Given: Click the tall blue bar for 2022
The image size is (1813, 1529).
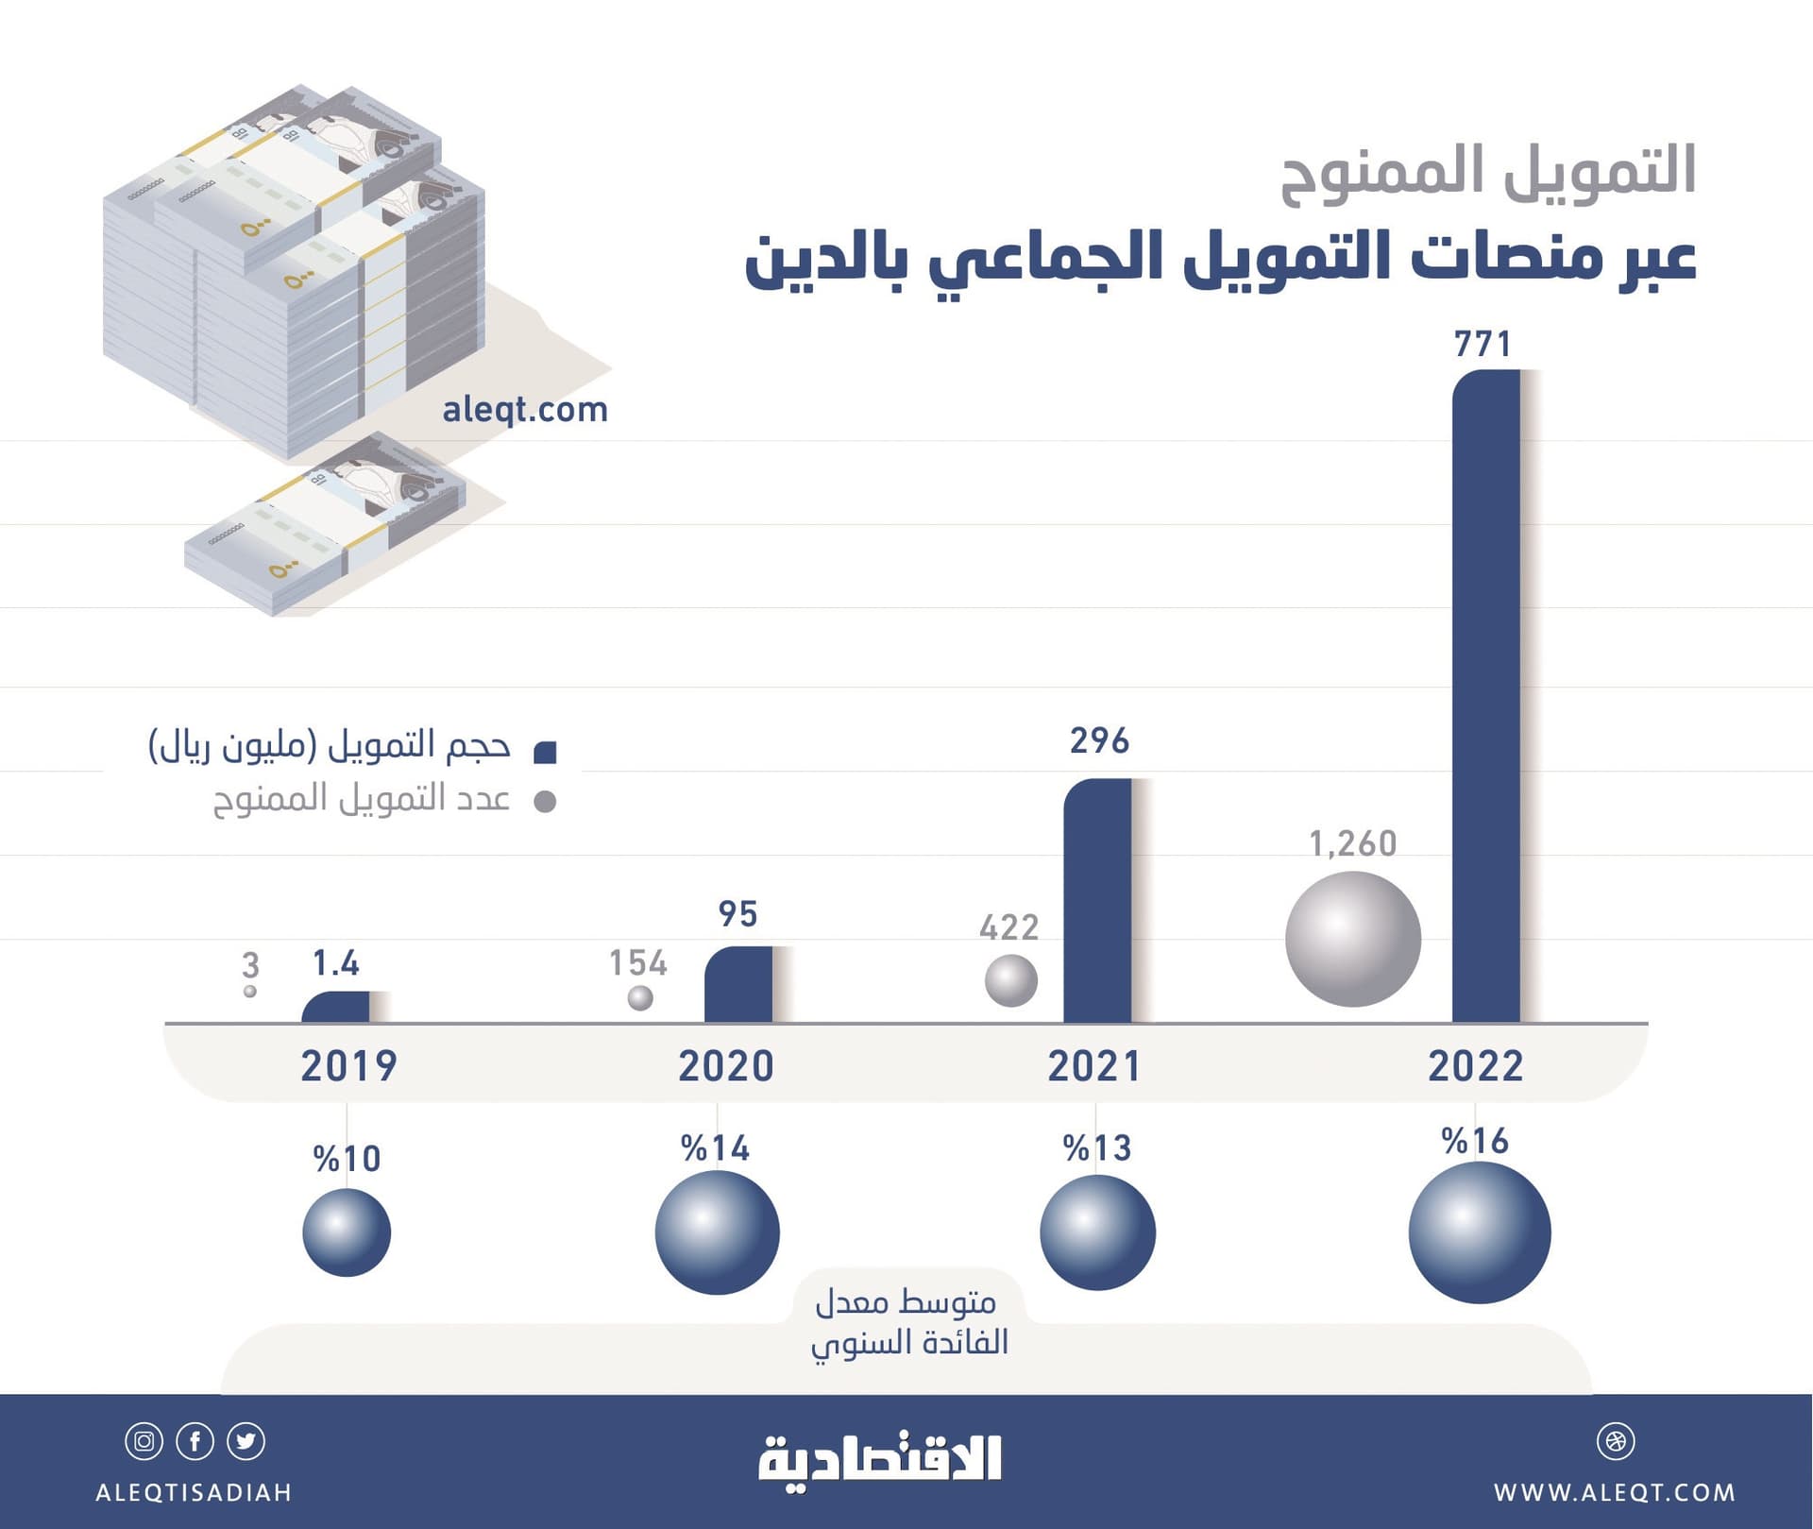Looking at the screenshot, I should click(1485, 696).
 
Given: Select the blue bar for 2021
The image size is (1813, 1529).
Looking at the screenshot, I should click(1097, 900).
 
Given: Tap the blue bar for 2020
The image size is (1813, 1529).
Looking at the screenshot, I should click(737, 984).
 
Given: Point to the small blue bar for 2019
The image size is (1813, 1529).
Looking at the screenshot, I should click(335, 1008).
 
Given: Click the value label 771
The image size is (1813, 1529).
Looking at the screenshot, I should click(1483, 345).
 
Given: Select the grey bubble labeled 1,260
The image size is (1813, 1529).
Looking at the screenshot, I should click(1352, 939).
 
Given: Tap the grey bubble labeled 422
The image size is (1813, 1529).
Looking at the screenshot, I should click(1010, 980).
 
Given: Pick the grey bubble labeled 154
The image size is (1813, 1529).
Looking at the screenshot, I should click(640, 997).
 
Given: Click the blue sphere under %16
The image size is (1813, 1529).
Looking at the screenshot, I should click(1479, 1232).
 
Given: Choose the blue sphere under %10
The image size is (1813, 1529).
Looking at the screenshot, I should click(347, 1232).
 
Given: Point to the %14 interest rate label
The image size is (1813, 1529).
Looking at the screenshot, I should click(716, 1148).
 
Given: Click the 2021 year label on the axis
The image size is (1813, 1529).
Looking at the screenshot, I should click(1094, 1066).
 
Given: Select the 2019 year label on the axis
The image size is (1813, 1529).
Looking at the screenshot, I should click(348, 1066).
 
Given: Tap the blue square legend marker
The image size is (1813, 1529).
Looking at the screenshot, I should click(545, 752).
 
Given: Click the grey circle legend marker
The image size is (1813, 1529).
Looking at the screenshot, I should click(545, 802).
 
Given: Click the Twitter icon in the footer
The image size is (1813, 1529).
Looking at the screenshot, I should click(246, 1441).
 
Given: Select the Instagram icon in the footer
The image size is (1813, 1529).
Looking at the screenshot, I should click(144, 1441).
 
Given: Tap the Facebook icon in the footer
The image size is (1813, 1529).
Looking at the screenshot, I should click(195, 1441).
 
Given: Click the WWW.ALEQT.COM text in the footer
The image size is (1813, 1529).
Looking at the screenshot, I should click(1614, 1493).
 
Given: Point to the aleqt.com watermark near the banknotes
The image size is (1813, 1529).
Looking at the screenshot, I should click(525, 410).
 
